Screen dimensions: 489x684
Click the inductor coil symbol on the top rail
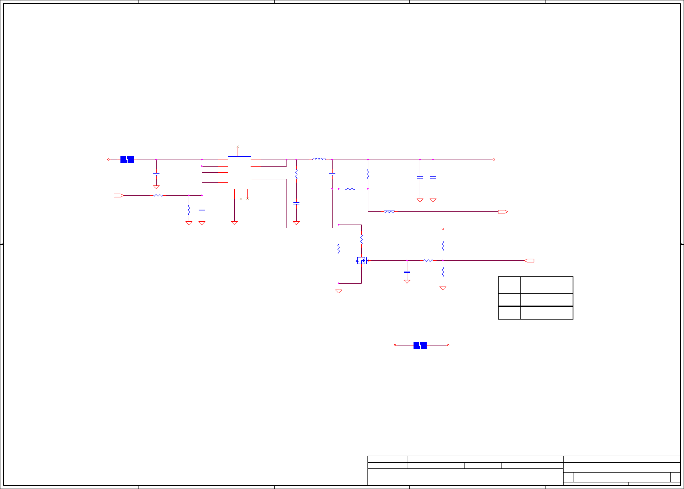(x=319, y=159)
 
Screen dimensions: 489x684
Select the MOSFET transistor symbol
(x=361, y=260)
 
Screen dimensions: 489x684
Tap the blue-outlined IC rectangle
(x=239, y=173)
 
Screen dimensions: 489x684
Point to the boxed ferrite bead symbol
(x=389, y=212)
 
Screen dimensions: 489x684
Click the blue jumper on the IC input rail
(x=127, y=160)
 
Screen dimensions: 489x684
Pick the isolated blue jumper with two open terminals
(x=420, y=345)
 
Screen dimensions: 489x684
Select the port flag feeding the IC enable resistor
(x=118, y=195)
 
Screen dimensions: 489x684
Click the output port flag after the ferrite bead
(x=503, y=212)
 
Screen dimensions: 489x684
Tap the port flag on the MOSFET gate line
(x=529, y=260)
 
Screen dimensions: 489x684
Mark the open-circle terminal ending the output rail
(x=494, y=160)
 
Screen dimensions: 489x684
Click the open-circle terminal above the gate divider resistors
(x=443, y=229)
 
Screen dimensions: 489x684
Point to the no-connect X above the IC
(x=238, y=146)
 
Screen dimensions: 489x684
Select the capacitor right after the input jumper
(x=156, y=174)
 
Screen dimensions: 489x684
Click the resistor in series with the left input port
(x=158, y=195)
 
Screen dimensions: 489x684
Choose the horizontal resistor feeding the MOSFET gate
(x=428, y=260)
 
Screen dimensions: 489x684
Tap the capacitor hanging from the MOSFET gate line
(x=407, y=272)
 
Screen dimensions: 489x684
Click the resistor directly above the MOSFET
(x=361, y=239)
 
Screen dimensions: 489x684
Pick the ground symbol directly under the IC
(x=234, y=223)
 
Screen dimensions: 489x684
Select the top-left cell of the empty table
(x=509, y=285)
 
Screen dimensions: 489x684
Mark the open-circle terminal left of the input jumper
(x=109, y=160)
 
